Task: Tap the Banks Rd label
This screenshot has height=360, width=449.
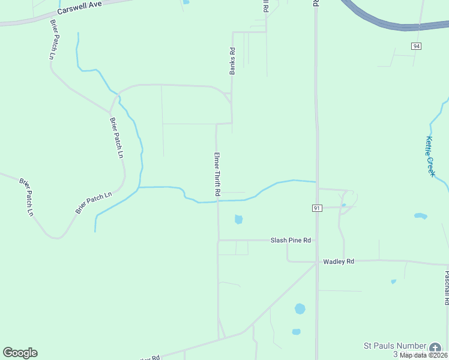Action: pyautogui.click(x=232, y=61)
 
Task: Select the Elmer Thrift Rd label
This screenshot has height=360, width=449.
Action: pyautogui.click(x=217, y=175)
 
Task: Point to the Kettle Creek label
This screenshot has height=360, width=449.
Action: pyautogui.click(x=430, y=156)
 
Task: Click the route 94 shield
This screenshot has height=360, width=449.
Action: pyautogui.click(x=417, y=46)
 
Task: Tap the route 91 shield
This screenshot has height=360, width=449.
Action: pyautogui.click(x=317, y=208)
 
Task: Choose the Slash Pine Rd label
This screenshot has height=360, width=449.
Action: pyautogui.click(x=291, y=240)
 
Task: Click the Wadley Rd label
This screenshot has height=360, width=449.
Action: pyautogui.click(x=339, y=262)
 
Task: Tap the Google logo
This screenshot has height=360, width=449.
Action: pyautogui.click(x=20, y=353)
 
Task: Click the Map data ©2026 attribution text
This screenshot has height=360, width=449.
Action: pyautogui.click(x=423, y=355)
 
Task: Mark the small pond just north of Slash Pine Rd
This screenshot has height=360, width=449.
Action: pyautogui.click(x=238, y=220)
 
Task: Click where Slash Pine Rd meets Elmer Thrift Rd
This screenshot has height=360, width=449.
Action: pyautogui.click(x=218, y=241)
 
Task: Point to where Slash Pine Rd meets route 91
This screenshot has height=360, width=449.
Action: pyautogui.click(x=316, y=241)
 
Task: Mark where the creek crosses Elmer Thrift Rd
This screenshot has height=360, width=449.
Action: pyautogui.click(x=217, y=202)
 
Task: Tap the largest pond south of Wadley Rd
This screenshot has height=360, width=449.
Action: pyautogui.click(x=300, y=309)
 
